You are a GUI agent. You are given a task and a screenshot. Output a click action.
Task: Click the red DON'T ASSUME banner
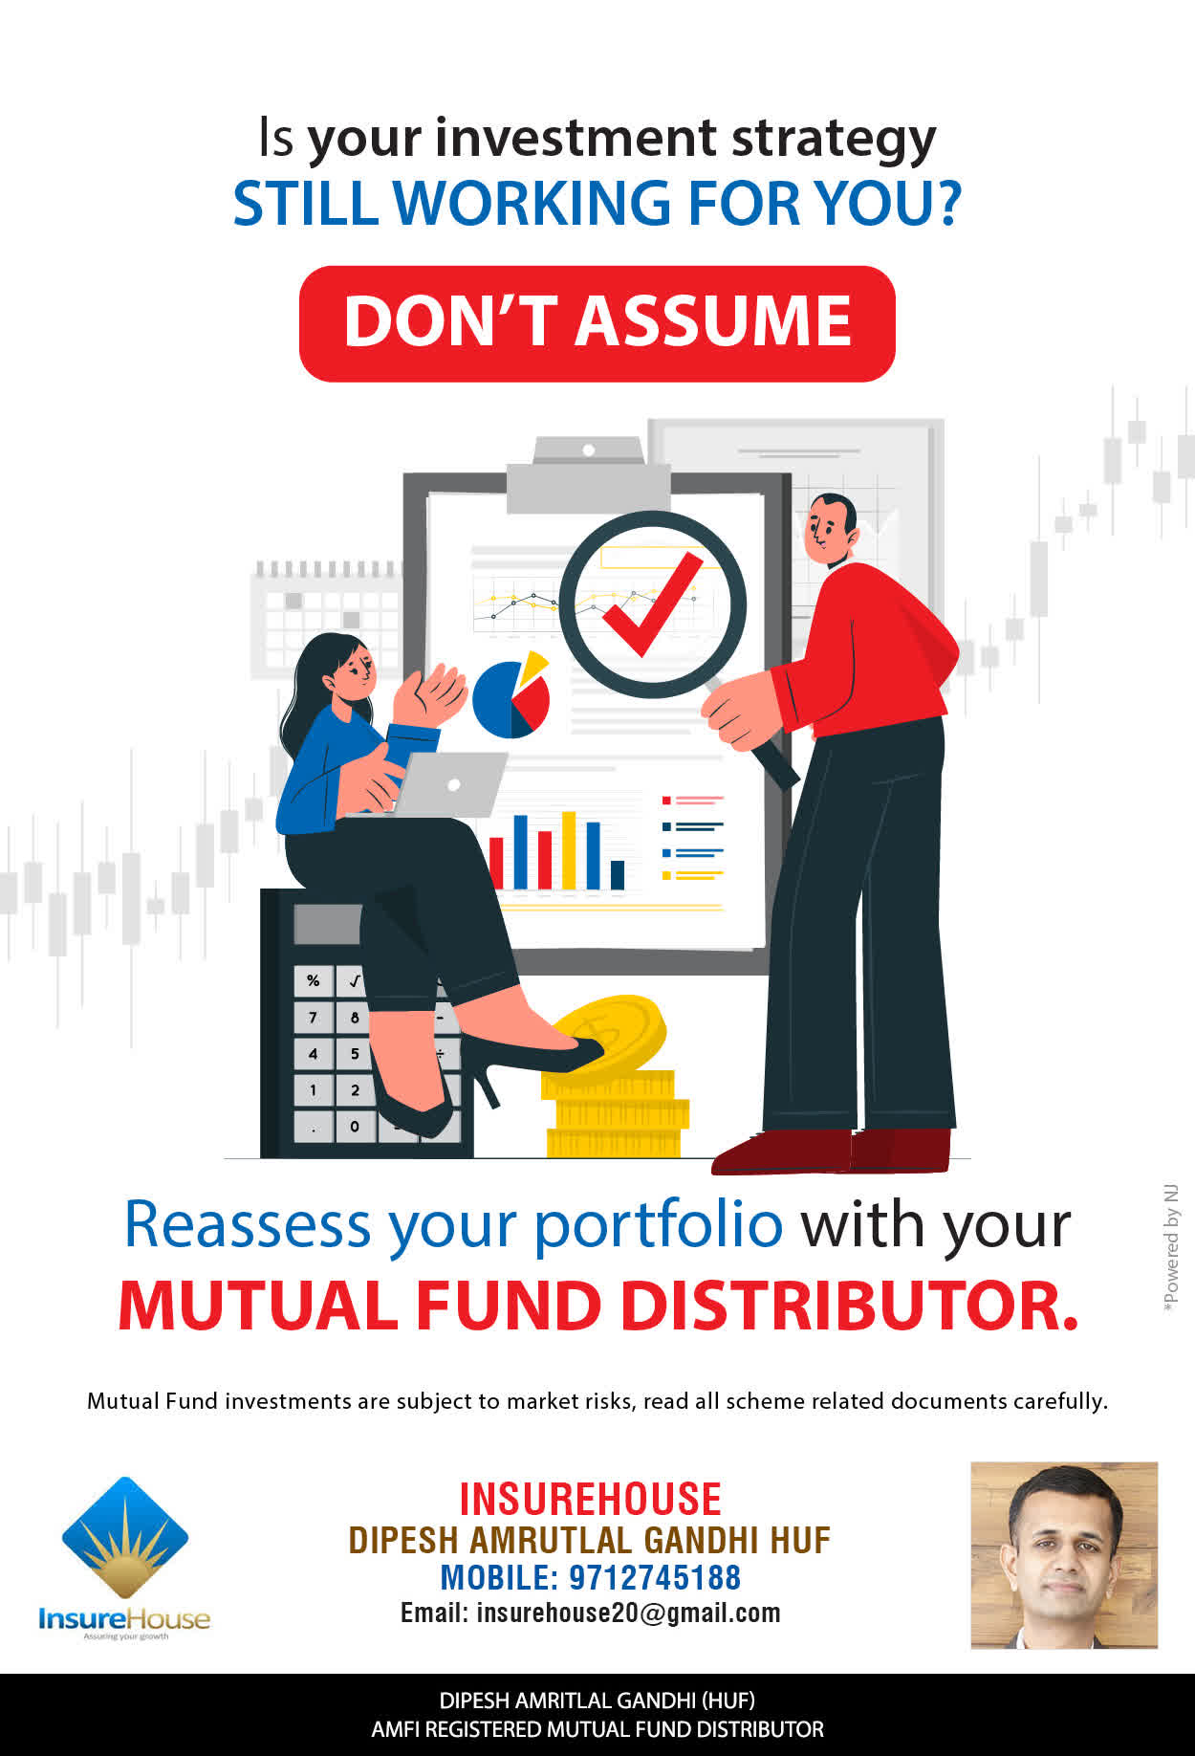[597, 323]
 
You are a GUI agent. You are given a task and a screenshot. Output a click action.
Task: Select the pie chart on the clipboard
[511, 695]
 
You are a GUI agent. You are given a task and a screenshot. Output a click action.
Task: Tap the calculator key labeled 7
[313, 1017]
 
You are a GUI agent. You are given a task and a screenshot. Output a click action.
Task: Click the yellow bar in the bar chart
[569, 850]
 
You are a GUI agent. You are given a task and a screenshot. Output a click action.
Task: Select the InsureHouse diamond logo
[125, 1538]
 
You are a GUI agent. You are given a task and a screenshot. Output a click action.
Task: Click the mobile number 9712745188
[655, 1577]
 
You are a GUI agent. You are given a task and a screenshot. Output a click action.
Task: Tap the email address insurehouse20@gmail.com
[628, 1613]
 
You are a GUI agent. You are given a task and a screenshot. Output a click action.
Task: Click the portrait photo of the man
[1064, 1555]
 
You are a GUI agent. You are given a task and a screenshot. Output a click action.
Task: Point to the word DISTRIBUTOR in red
[850, 1306]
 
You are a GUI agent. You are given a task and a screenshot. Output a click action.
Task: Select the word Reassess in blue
[248, 1224]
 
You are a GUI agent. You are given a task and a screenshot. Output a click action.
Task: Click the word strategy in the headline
[834, 141]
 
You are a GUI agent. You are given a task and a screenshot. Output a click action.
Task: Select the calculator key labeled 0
[355, 1126]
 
